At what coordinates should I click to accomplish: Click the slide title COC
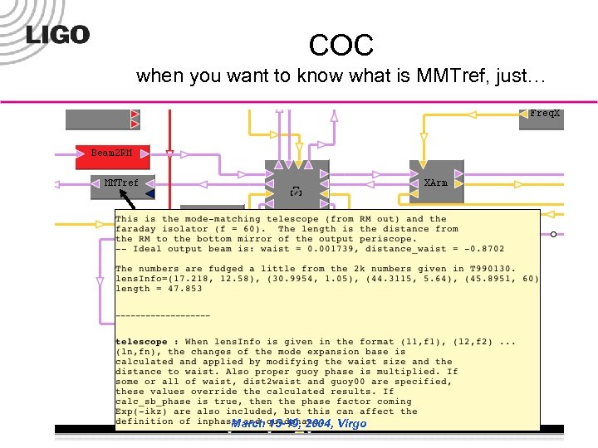pyautogui.click(x=341, y=45)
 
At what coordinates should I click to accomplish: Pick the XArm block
pyautogui.click(x=435, y=183)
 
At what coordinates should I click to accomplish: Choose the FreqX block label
pyautogui.click(x=545, y=113)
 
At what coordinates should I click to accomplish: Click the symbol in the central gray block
pyautogui.click(x=296, y=192)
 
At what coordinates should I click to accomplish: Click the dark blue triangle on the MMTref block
pyautogui.click(x=149, y=193)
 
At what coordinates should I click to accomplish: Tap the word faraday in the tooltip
pyautogui.click(x=136, y=229)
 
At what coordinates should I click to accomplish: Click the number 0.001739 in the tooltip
pyautogui.click(x=343, y=249)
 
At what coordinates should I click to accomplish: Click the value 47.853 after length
pyautogui.click(x=170, y=289)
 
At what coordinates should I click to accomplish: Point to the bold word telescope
pyautogui.click(x=141, y=342)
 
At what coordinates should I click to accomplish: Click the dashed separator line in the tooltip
pyautogui.click(x=163, y=315)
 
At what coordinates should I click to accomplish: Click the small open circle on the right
pyautogui.click(x=553, y=234)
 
